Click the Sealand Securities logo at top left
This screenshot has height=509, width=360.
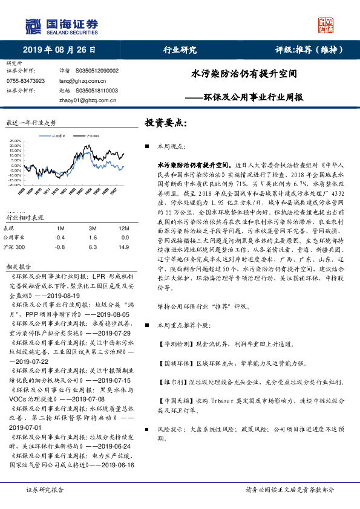click(61, 25)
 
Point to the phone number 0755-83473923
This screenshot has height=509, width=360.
click(25, 81)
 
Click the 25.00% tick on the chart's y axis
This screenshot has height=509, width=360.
click(15, 141)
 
